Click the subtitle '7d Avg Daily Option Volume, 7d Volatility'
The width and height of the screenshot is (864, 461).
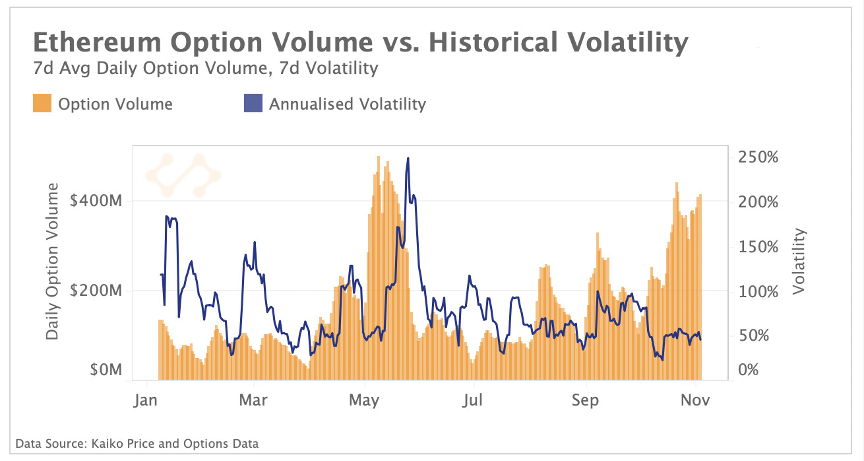click(x=204, y=68)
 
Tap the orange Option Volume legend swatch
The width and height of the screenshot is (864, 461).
click(x=41, y=104)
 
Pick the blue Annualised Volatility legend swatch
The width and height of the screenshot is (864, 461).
click(x=253, y=104)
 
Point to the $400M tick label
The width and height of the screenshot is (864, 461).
click(x=96, y=201)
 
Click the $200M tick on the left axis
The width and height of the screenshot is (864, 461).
click(x=96, y=291)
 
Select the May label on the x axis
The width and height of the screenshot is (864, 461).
click(x=364, y=400)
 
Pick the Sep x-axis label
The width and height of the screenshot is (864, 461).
click(x=584, y=400)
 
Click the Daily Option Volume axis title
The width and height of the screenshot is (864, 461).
click(x=53, y=262)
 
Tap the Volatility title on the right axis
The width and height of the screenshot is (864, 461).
click(x=800, y=261)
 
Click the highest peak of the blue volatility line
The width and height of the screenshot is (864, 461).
click(x=408, y=159)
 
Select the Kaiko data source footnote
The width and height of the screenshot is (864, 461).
click(x=137, y=443)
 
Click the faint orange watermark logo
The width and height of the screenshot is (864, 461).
click(x=183, y=175)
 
